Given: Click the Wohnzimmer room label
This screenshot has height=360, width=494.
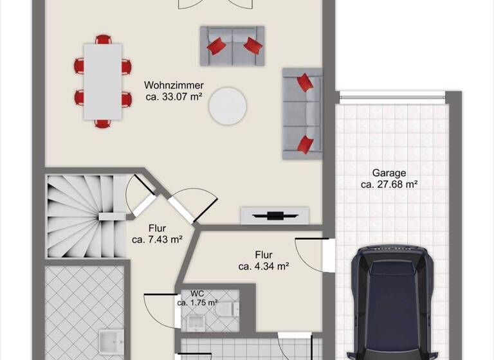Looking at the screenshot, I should (x=174, y=85).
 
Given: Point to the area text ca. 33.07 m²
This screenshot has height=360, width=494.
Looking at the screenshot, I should (x=174, y=98).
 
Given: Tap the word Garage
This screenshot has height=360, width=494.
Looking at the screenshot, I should (x=389, y=172).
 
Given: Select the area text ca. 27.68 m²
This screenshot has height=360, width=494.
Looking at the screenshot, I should (x=389, y=184).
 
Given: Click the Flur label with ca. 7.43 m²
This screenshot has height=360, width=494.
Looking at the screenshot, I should (x=157, y=228).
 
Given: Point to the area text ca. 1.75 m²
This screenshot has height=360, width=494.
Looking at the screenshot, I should (x=197, y=302).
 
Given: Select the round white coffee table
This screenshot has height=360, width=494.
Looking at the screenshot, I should (x=227, y=104).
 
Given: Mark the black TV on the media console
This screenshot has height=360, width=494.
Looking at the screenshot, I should (x=275, y=216).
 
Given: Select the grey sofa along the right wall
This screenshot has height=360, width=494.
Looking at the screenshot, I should (x=301, y=113).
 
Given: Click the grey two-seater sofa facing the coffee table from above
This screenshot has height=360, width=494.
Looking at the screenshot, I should (x=232, y=45).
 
